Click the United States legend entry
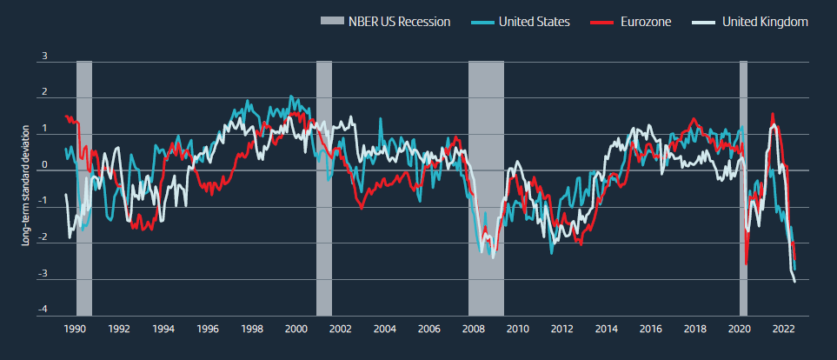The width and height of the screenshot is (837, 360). (x=534, y=22)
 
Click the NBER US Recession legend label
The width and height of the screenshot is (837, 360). (x=401, y=22)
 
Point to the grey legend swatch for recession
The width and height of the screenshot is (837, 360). (x=333, y=22)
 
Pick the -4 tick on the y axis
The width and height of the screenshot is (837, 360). (x=43, y=310)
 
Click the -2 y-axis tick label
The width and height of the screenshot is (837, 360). (x=43, y=238)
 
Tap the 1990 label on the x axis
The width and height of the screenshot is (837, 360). (x=76, y=330)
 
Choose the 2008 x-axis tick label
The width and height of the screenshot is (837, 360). (x=474, y=330)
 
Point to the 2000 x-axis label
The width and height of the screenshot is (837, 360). (x=296, y=330)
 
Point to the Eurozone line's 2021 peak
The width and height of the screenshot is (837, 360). (x=773, y=114)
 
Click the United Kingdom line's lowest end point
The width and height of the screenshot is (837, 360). (x=794, y=281)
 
